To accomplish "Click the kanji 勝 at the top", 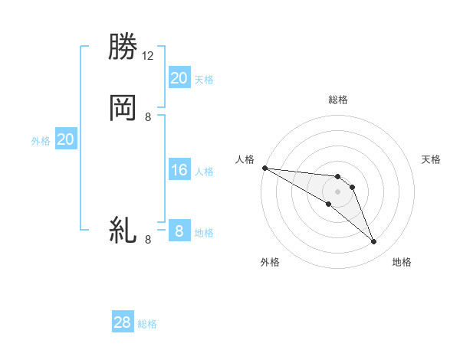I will coord(123,47).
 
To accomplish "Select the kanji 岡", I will coord(123,108).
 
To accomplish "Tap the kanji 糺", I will coord(123,230).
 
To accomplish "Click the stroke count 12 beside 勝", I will coord(148,56).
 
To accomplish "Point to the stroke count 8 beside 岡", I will coord(148,117).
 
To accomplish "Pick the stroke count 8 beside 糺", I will coord(148,240).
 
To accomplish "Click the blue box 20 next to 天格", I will coord(179,77).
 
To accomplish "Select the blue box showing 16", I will coord(179,170).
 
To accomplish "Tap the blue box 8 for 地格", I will coord(179,231).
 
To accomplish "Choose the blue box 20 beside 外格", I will coord(66,139).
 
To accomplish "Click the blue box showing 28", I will coord(123,322).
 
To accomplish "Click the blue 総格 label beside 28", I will coord(147,324).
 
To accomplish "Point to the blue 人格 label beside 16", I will coord(205,172).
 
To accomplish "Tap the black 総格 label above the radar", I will coord(338,100).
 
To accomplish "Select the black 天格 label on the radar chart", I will coord(431,159).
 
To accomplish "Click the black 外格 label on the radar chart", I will coord(270,263).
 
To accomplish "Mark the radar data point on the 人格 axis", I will coord(264,168).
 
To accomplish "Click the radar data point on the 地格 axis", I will coord(374,242).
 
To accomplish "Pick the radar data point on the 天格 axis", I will coord(352,187).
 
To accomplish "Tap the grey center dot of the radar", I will coord(337,191).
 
